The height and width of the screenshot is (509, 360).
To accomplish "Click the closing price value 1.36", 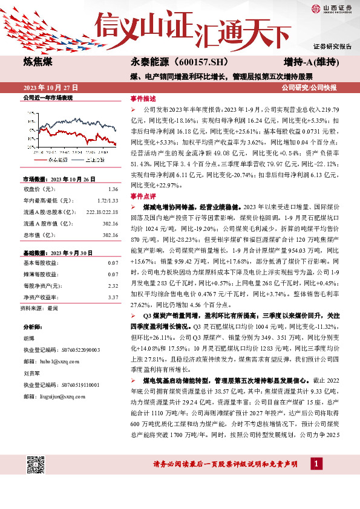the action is [112, 189].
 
